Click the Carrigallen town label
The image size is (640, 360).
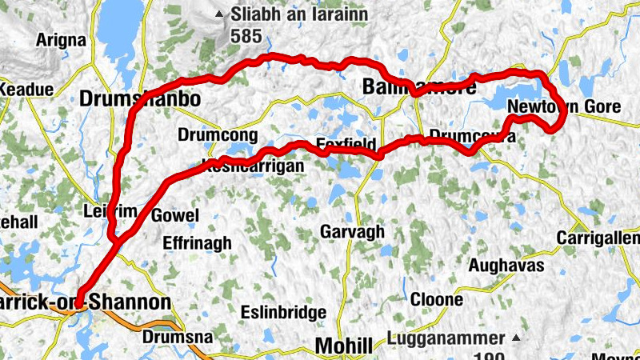pos(599,238)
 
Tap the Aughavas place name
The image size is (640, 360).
pos(506,264)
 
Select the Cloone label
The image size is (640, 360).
pos(436,299)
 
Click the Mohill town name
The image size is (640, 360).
pos(344,346)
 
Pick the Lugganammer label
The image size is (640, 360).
pos(446,338)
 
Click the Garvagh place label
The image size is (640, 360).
pos(352,231)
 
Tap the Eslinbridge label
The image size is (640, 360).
pos(283,312)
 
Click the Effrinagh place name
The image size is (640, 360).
pos(196,242)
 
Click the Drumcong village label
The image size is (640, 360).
pos(210,134)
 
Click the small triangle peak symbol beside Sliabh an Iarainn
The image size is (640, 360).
pos(219,14)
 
